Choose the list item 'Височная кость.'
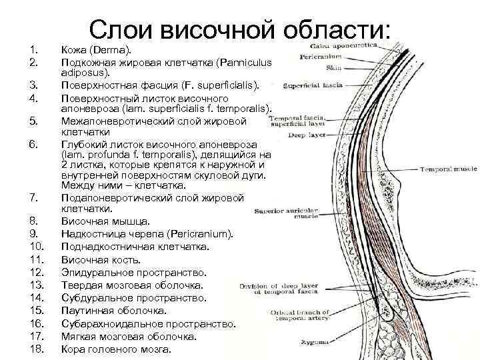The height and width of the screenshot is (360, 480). click(x=101, y=260)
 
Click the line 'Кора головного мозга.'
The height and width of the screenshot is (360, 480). click(x=116, y=349)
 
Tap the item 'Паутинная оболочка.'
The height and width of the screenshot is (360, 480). click(x=114, y=311)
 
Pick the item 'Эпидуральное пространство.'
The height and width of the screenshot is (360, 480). click(x=134, y=273)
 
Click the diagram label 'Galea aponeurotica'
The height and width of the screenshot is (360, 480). click(x=344, y=46)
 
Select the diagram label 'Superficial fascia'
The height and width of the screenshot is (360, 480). click(x=313, y=85)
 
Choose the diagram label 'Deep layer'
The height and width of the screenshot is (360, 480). click(x=305, y=135)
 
